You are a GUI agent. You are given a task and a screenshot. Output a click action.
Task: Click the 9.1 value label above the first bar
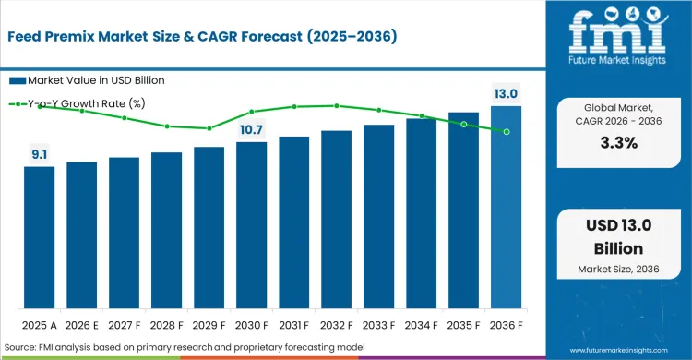(40, 155)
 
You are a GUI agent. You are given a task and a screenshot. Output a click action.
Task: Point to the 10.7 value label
(251, 129)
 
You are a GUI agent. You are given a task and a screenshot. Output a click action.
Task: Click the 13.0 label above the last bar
(506, 94)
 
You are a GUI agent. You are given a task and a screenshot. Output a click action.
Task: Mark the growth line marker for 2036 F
(506, 132)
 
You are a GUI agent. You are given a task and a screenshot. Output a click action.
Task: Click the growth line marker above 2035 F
(463, 124)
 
